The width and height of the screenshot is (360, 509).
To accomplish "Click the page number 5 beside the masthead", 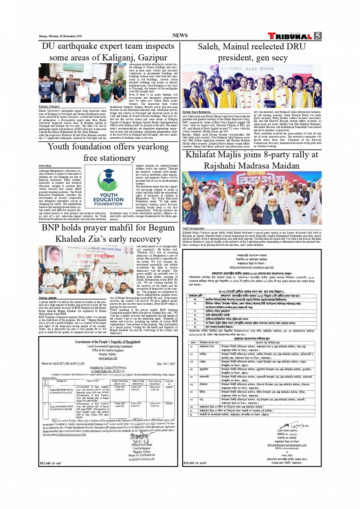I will click(x=317, y=36).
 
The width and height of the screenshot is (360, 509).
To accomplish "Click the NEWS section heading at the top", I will click(x=180, y=35).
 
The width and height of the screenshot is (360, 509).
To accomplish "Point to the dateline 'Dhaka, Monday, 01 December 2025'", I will click(x=60, y=36).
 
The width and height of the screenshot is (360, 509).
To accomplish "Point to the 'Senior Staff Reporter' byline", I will click(x=196, y=112).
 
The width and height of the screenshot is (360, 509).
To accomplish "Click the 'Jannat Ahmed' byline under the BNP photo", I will click(x=48, y=298).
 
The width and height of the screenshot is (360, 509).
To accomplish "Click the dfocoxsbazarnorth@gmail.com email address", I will click(x=286, y=445).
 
